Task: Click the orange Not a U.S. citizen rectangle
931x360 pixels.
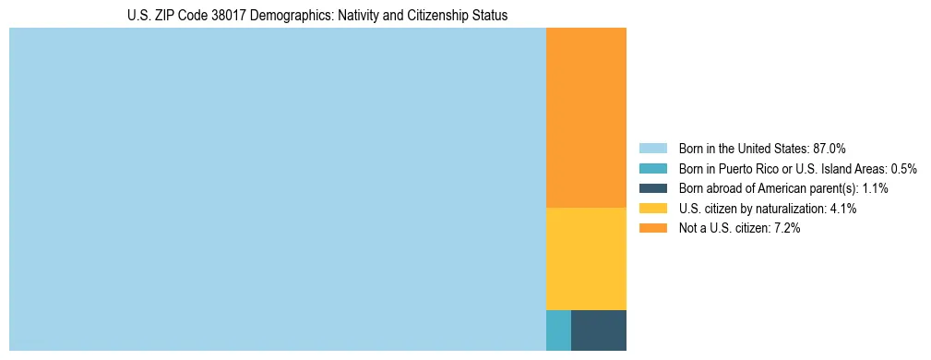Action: point(586,117)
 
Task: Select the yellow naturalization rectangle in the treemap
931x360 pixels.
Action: point(586,258)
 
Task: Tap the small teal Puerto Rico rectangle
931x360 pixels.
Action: point(558,330)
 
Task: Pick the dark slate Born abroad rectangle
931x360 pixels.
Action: point(598,330)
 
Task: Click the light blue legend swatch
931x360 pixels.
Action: point(652,148)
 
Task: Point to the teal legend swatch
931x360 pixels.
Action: point(652,168)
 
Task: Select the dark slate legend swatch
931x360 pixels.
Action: point(652,188)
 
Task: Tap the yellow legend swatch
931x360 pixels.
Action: point(652,209)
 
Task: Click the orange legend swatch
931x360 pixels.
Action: point(652,228)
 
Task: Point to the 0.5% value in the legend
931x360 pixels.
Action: point(903,168)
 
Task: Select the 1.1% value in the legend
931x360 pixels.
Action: point(875,188)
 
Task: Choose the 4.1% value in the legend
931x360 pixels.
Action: point(843,209)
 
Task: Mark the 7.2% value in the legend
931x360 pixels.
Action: point(786,228)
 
